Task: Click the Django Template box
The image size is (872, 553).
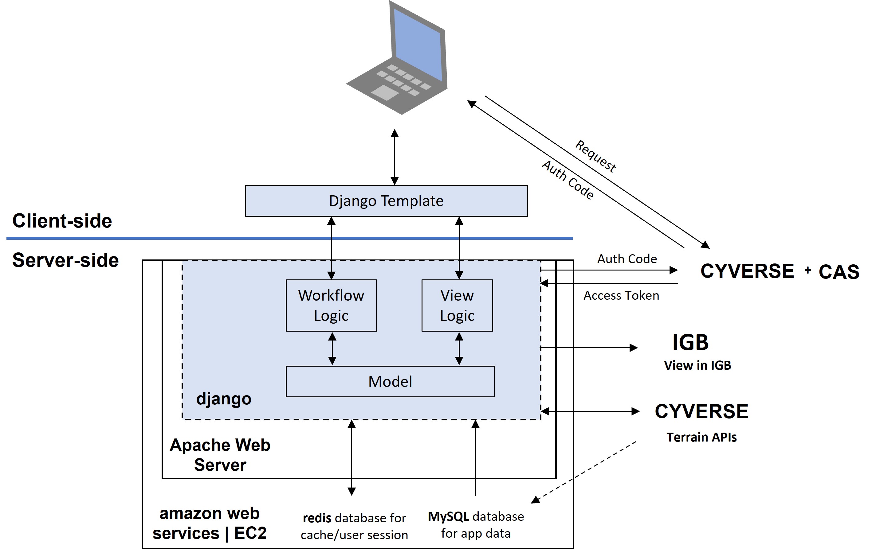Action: click(386, 201)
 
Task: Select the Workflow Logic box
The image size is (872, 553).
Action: click(331, 306)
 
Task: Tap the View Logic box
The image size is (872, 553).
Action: click(457, 306)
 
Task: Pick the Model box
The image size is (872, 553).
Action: click(390, 382)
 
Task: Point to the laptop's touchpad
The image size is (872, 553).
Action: click(385, 93)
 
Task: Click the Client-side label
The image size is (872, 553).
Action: click(62, 221)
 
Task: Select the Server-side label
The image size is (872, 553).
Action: click(65, 260)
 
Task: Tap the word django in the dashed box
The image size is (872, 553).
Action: click(224, 399)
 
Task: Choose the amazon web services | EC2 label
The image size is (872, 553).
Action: click(210, 523)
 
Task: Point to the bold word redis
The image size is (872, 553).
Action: click(317, 518)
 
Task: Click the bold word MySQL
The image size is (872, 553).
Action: click(448, 516)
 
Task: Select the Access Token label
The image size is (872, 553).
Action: click(621, 296)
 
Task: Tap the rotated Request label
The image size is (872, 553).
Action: click(596, 156)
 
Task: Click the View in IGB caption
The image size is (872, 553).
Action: click(697, 365)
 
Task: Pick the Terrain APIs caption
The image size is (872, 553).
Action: click(701, 438)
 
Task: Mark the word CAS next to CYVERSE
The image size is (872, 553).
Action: click(839, 272)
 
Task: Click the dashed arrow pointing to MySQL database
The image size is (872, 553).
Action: click(583, 472)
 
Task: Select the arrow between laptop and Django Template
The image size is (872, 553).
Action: click(395, 157)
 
